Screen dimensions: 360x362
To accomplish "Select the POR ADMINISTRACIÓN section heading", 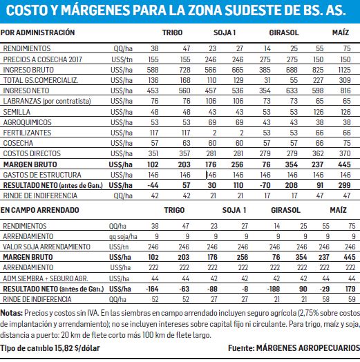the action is (37, 32).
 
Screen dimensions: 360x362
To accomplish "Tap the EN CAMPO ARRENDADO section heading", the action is (39, 210).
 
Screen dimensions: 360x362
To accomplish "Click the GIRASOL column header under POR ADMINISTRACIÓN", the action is (284, 32).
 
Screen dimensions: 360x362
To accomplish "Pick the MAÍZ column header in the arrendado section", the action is (338, 210).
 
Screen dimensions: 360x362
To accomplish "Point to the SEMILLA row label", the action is (17, 112).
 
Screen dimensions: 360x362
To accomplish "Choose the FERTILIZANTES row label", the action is (27, 133).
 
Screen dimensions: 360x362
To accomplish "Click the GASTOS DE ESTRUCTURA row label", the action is (42, 175).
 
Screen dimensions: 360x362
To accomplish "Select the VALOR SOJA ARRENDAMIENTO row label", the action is (46, 247).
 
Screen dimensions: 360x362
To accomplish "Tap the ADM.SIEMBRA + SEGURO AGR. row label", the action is (46, 278).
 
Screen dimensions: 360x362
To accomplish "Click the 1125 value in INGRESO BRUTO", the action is (344, 70).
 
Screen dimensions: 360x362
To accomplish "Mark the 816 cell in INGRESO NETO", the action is (345, 90).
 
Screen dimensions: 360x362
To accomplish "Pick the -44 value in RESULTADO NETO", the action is (153, 185).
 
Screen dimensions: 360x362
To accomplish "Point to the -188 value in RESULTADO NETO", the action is (274, 289).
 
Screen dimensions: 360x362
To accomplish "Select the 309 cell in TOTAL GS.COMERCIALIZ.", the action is (345, 80).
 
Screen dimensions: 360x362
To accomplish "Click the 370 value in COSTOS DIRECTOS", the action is (345, 153).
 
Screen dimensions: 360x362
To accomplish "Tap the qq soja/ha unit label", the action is (123, 236).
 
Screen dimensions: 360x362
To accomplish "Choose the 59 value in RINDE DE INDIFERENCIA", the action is (352, 299).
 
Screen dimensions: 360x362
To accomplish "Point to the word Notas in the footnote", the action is (12, 313).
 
